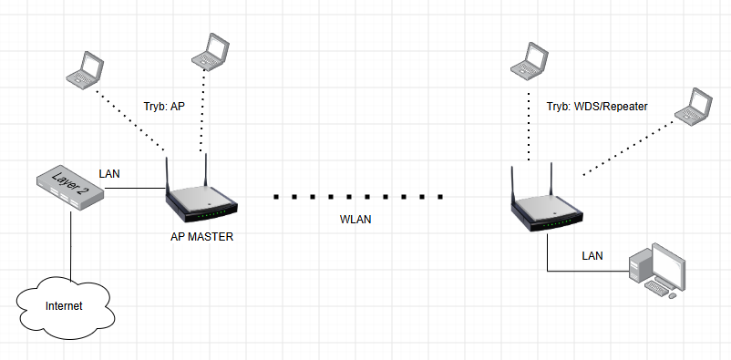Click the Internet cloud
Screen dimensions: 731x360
66,307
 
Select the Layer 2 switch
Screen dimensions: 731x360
70,188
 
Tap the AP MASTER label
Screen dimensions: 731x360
201,237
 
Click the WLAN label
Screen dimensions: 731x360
355,220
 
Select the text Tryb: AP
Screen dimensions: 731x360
164,107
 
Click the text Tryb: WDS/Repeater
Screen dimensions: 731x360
597,107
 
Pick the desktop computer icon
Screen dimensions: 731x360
657,271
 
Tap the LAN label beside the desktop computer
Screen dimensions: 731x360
592,256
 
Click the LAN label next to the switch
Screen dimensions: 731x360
109,174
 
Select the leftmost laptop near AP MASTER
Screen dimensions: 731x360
85,70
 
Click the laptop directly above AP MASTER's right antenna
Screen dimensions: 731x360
211,51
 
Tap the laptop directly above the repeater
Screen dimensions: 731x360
530,61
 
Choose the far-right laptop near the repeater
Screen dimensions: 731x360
694,107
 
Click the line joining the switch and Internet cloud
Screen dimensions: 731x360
71,246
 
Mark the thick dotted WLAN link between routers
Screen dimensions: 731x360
358,197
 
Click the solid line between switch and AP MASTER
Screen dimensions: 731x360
135,189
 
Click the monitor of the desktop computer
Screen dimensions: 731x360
668,266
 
